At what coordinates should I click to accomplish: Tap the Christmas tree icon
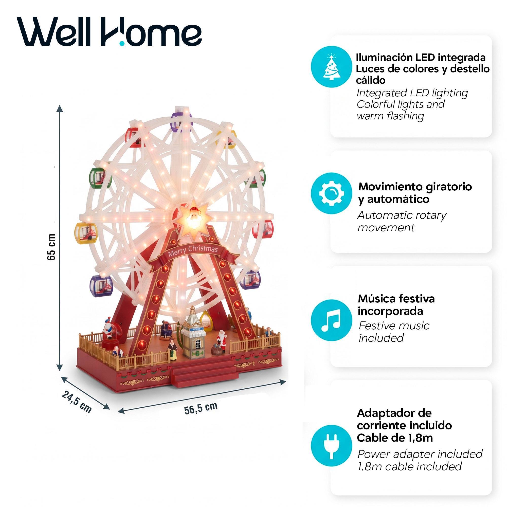[x=331, y=66]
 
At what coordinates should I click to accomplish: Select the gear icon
[x=331, y=193]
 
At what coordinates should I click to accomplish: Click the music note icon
[x=331, y=320]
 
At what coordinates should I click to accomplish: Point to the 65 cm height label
[x=51, y=247]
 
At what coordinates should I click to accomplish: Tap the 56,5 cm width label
[x=201, y=408]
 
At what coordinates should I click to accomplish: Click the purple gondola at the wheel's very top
[x=181, y=120]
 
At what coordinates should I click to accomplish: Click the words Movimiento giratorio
[x=415, y=187]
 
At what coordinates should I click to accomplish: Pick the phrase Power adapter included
[x=420, y=454]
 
